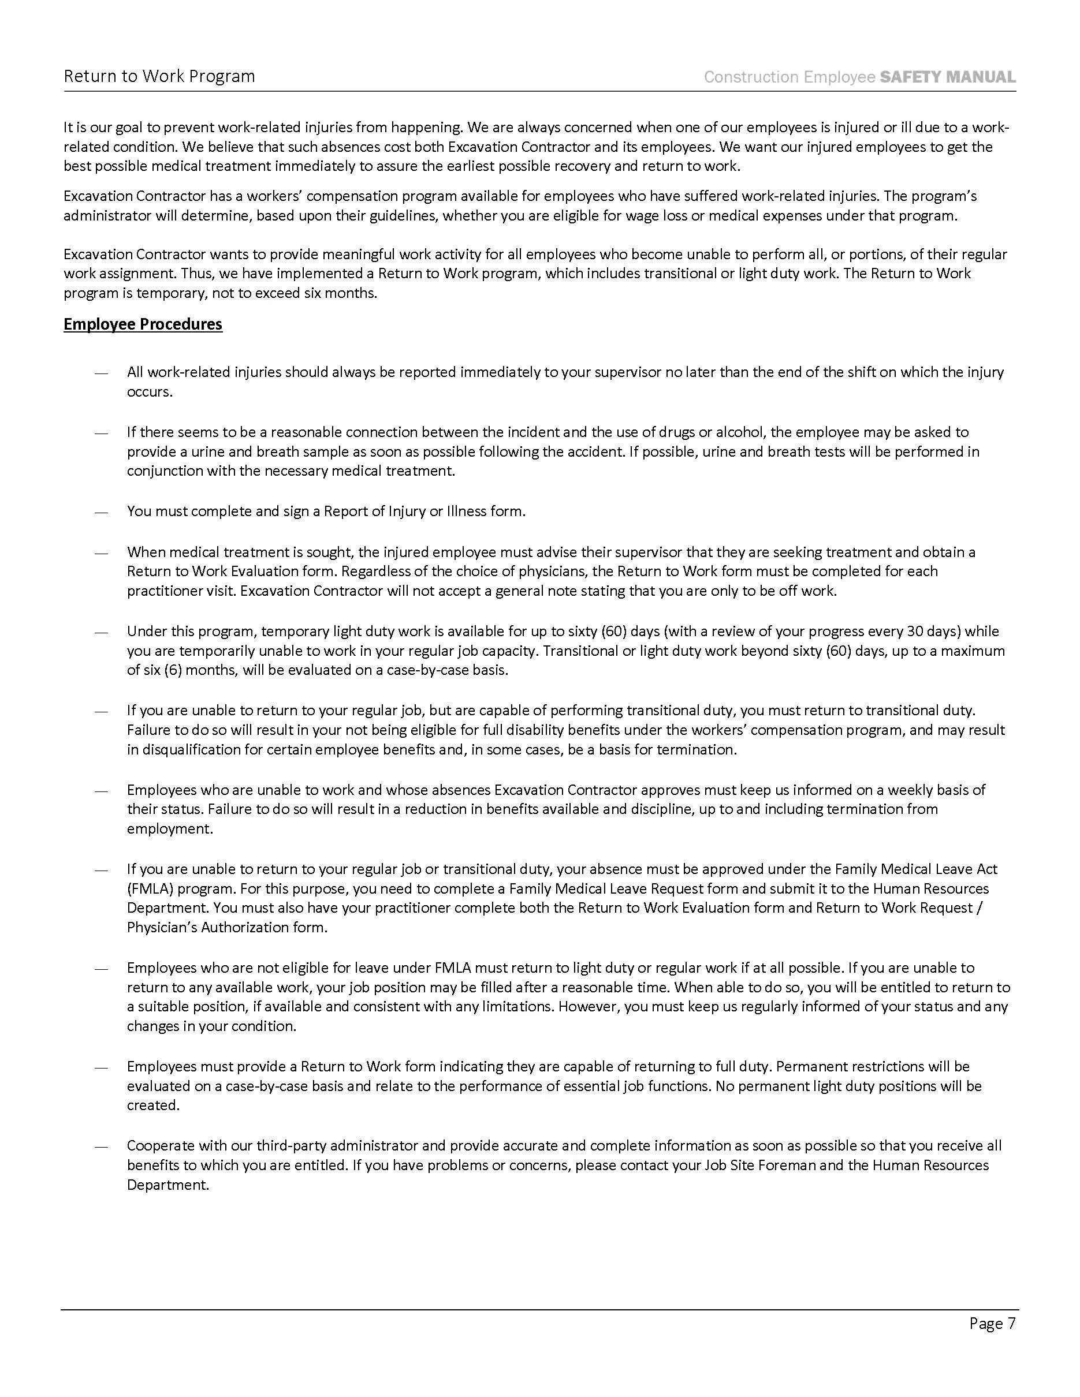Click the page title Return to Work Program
[159, 76]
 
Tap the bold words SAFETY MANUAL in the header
[948, 77]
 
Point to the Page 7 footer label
[992, 1323]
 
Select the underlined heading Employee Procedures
[143, 324]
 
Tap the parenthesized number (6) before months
[165, 670]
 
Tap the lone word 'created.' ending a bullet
[153, 1105]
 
